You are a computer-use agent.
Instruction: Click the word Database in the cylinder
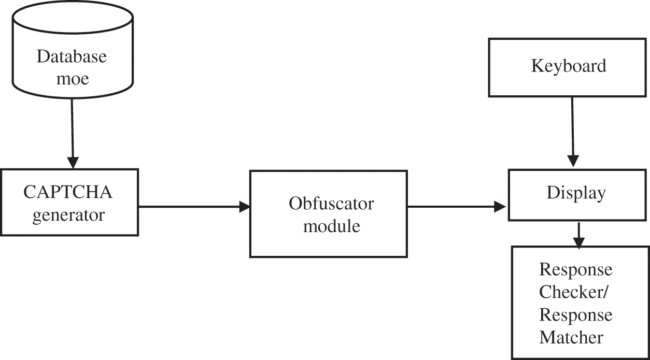pyautogui.click(x=72, y=56)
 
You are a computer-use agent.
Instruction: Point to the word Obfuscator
pyautogui.click(x=331, y=204)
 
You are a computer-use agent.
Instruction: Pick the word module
pyautogui.click(x=331, y=226)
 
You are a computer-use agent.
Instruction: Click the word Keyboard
pyautogui.click(x=569, y=66)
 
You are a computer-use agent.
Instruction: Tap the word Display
pyautogui.click(x=576, y=193)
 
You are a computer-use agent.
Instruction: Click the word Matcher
pyautogui.click(x=571, y=338)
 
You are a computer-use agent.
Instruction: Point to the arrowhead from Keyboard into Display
pyautogui.click(x=573, y=161)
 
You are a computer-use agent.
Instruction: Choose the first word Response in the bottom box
pyautogui.click(x=575, y=270)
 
